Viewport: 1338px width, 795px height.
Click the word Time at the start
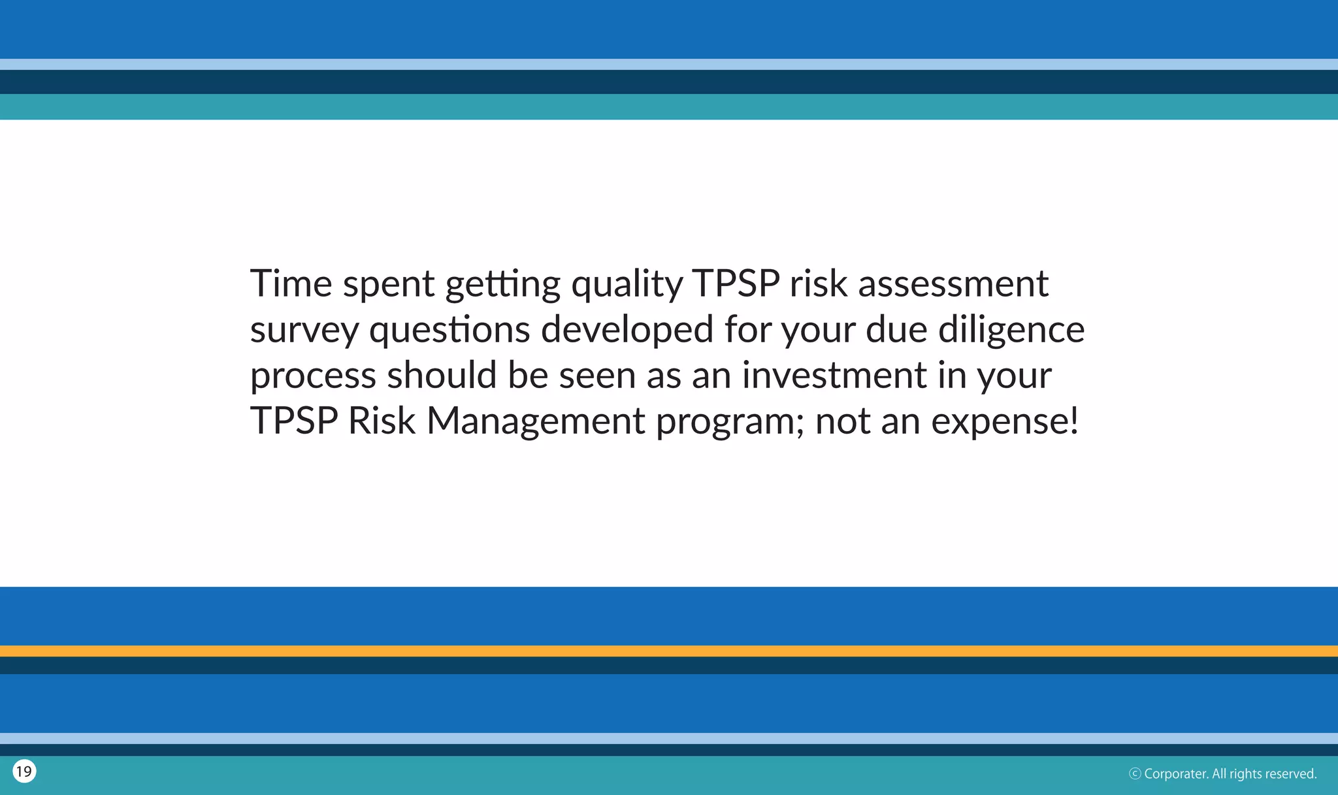coord(291,284)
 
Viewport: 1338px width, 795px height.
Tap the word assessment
coord(953,284)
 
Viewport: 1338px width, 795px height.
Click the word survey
coord(304,331)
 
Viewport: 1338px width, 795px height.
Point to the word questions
coord(449,331)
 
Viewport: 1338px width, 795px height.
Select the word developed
coord(627,331)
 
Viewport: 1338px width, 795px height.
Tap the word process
coord(313,376)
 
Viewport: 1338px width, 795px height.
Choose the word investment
coord(834,375)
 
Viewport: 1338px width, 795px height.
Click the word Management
coord(536,421)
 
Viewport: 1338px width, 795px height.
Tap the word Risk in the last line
coord(382,421)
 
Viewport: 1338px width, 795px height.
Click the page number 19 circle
coord(24,771)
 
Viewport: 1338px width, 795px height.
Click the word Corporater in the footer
coord(1175,774)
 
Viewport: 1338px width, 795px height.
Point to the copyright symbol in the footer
coord(1135,774)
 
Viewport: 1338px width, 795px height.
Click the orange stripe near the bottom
coord(669,651)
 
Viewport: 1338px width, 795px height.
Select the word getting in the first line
coord(502,285)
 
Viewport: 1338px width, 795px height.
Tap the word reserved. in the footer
coord(1290,774)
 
